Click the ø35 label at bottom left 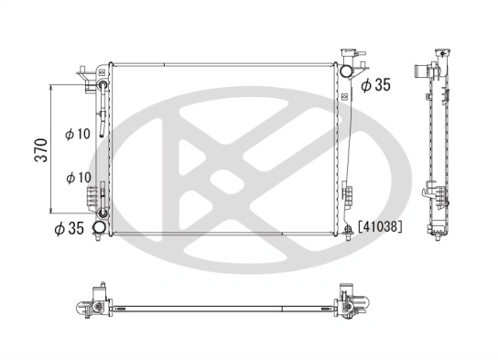70,227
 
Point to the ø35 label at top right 376,85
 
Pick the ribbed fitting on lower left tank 94,196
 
